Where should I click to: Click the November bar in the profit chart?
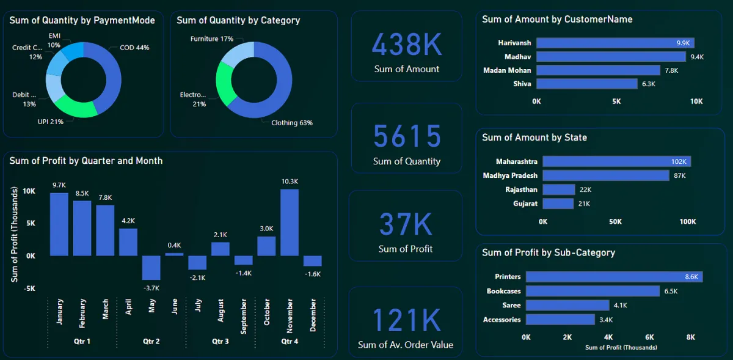point(289,222)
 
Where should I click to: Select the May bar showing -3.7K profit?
point(151,268)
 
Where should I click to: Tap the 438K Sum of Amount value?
point(406,45)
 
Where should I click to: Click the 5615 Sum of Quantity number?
point(406,136)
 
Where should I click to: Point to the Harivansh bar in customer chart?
point(614,43)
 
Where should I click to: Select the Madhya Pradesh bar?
point(606,175)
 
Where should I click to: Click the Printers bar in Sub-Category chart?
point(614,277)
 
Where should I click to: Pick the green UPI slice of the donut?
point(76,109)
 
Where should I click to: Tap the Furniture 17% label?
point(211,39)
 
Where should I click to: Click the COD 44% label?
point(134,47)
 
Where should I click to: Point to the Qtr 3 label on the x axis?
point(220,341)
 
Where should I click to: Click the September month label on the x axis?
point(243,316)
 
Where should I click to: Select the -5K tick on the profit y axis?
point(29,288)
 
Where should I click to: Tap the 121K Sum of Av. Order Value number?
point(406,320)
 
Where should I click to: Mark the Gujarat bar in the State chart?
point(558,204)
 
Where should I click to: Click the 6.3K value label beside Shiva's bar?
point(647,84)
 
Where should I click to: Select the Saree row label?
point(511,306)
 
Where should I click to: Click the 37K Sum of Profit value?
point(405,224)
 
